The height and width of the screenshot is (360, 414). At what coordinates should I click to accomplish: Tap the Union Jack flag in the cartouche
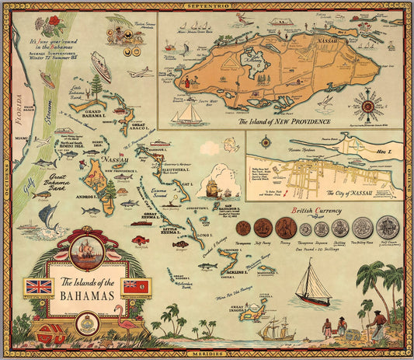pyautogui.click(x=39, y=286)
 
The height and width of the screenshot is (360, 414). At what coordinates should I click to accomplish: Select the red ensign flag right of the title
pyautogui.click(x=137, y=286)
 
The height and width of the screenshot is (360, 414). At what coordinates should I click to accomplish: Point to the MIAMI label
pyautogui.click(x=21, y=138)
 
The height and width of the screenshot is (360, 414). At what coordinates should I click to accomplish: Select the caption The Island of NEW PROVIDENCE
pyautogui.click(x=284, y=122)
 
